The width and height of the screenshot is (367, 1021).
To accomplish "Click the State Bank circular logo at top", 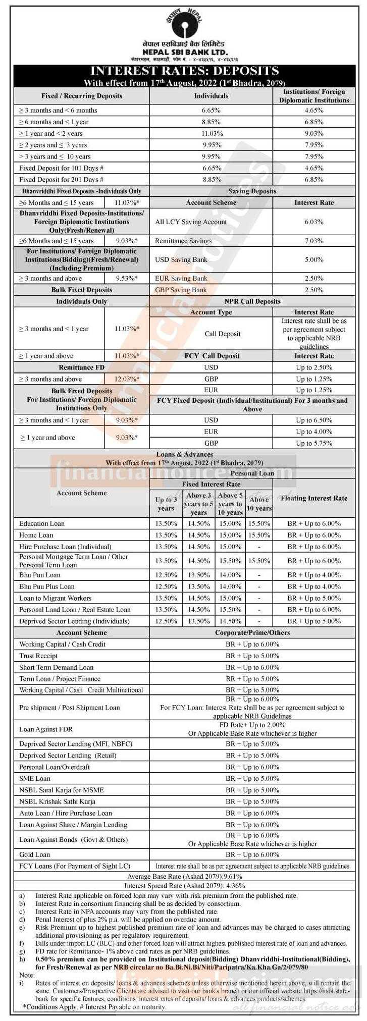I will tap(184, 23).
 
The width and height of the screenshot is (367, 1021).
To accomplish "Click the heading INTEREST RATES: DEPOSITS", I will tap(184, 71).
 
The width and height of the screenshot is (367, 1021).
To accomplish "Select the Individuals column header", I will tap(211, 96).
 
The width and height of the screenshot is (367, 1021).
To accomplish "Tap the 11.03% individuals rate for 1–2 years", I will tap(212, 134).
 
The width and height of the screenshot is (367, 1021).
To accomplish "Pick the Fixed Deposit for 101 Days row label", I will tap(62, 168).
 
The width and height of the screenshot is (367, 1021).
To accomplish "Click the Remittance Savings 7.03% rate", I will tap(313, 241).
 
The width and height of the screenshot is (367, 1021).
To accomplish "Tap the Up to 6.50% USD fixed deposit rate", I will tap(313, 420).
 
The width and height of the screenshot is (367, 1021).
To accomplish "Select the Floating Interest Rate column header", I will tap(314, 498).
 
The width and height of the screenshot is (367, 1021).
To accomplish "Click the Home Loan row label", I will tap(36, 535).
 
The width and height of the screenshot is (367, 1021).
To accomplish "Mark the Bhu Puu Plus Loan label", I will tap(47, 586).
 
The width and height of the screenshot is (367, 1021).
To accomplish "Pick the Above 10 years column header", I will tap(259, 504).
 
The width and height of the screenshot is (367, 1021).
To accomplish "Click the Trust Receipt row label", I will tap(38, 656).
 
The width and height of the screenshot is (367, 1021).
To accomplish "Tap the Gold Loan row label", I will tap(34, 854).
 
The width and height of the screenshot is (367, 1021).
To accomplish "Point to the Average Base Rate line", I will tap(184, 877).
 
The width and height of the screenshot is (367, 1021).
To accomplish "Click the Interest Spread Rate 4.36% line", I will tap(184, 886).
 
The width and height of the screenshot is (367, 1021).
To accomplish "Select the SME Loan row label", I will tap(35, 779).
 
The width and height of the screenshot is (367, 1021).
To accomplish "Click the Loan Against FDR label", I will tap(46, 729).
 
